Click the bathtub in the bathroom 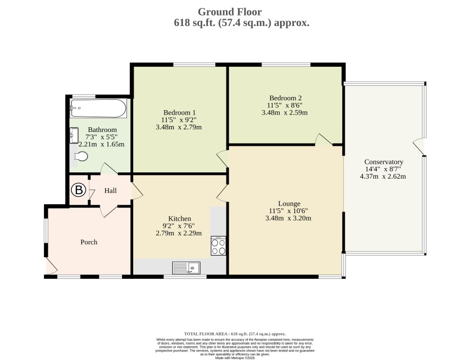pyautogui.click(x=98, y=108)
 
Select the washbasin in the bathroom pyautogui.click(x=74, y=136)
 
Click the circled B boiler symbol pyautogui.click(x=79, y=190)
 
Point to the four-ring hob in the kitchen pyautogui.click(x=218, y=245)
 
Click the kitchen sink pyautogui.click(x=186, y=267)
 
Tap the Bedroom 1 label pyautogui.click(x=179, y=112)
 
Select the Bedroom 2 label pyautogui.click(x=285, y=98)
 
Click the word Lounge pyautogui.click(x=289, y=204)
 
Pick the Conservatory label pyautogui.click(x=384, y=162)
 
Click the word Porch pyautogui.click(x=89, y=242)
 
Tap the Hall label pyautogui.click(x=110, y=190)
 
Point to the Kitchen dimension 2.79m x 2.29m pyautogui.click(x=179, y=233)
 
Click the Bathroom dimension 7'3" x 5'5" pyautogui.click(x=102, y=137)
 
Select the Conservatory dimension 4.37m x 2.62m pyautogui.click(x=383, y=176)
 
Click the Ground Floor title pyautogui.click(x=230, y=12)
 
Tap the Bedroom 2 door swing pyautogui.click(x=324, y=140)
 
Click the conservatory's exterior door pyautogui.click(x=419, y=147)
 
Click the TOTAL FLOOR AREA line pyautogui.click(x=234, y=333)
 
